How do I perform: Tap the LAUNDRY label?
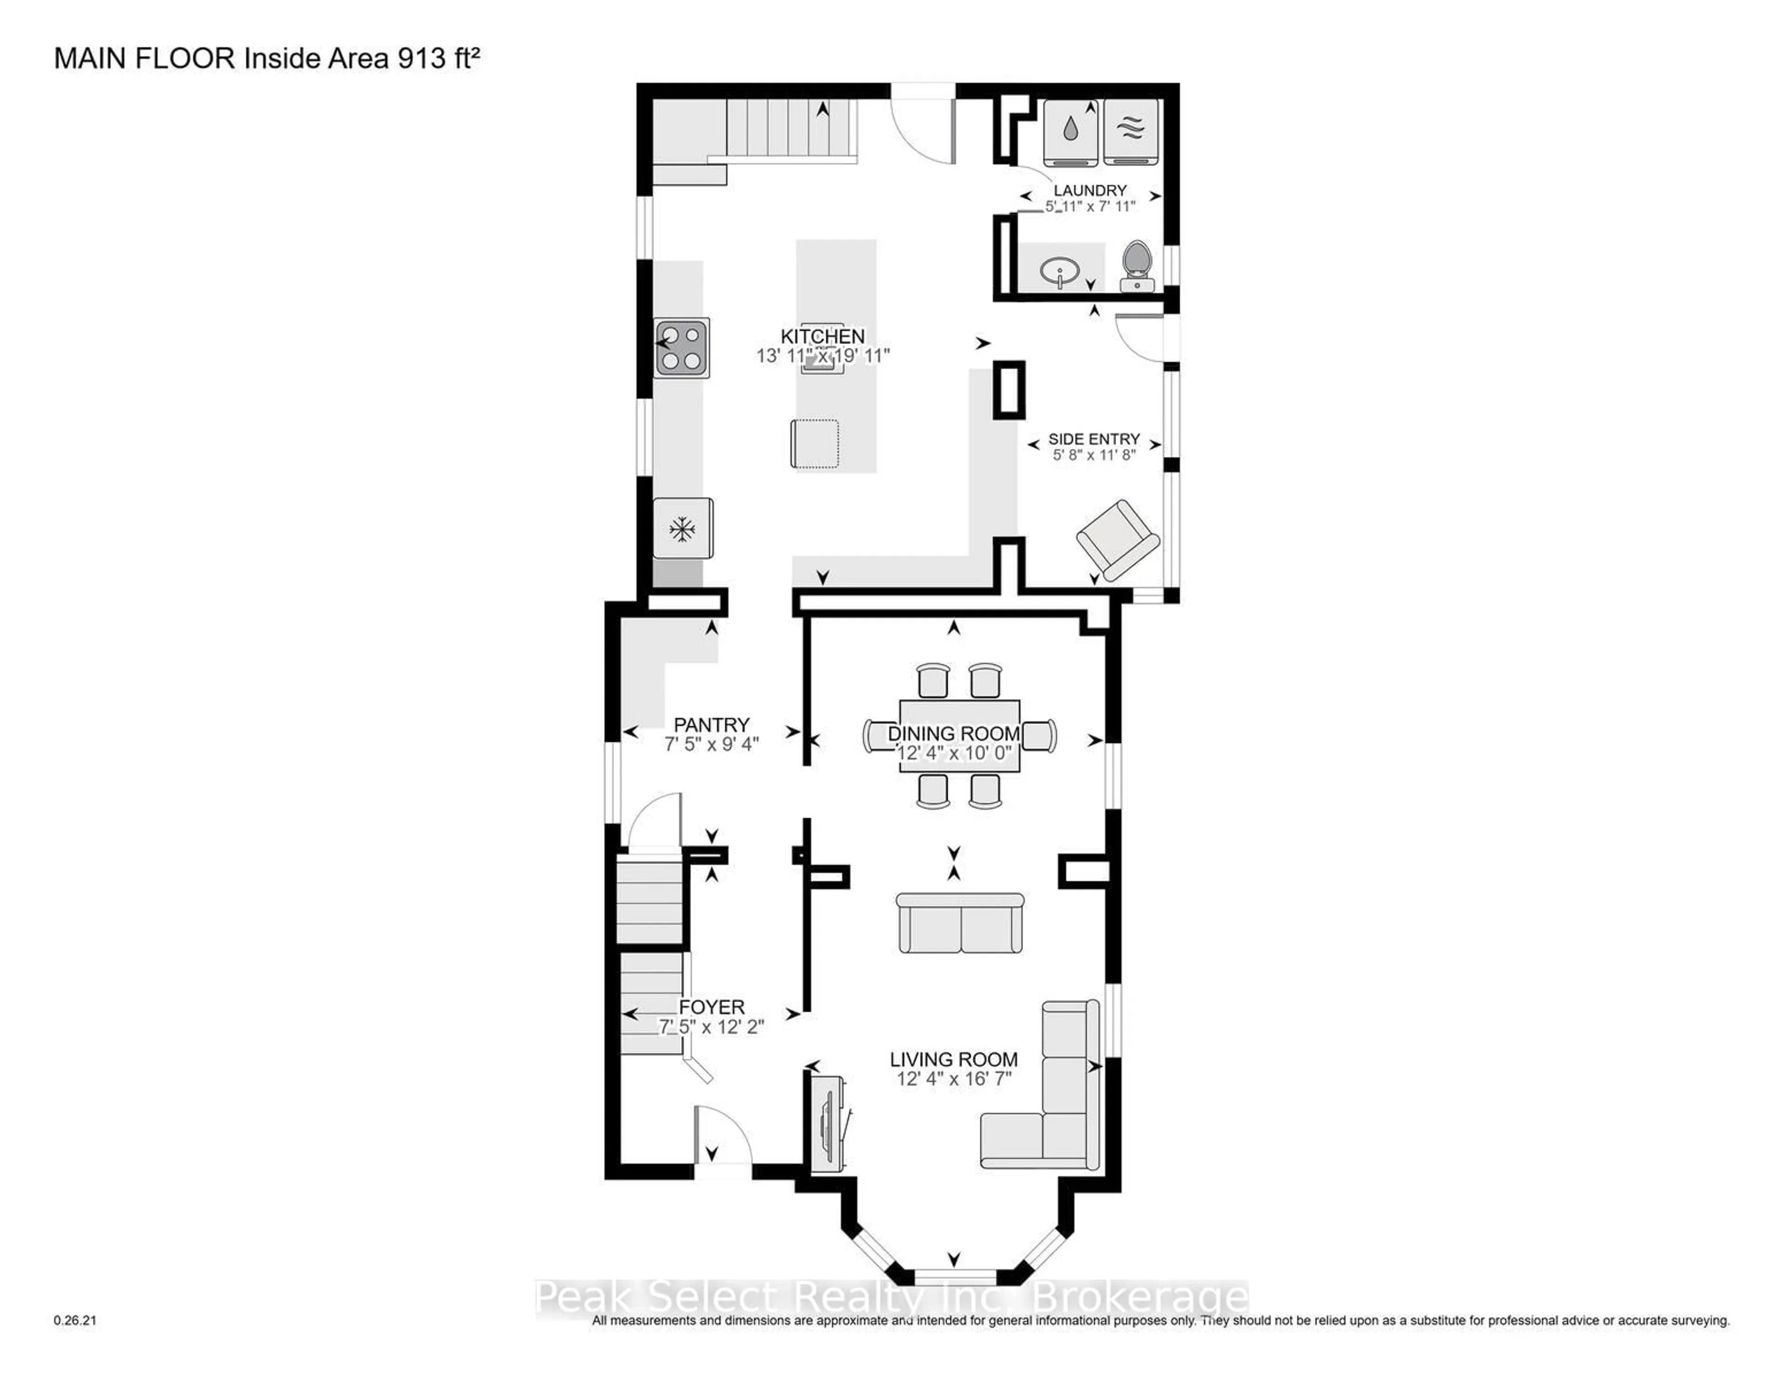[1089, 190]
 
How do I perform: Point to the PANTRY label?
[711, 725]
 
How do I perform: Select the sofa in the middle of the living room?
[960, 923]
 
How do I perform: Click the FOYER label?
[711, 1007]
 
